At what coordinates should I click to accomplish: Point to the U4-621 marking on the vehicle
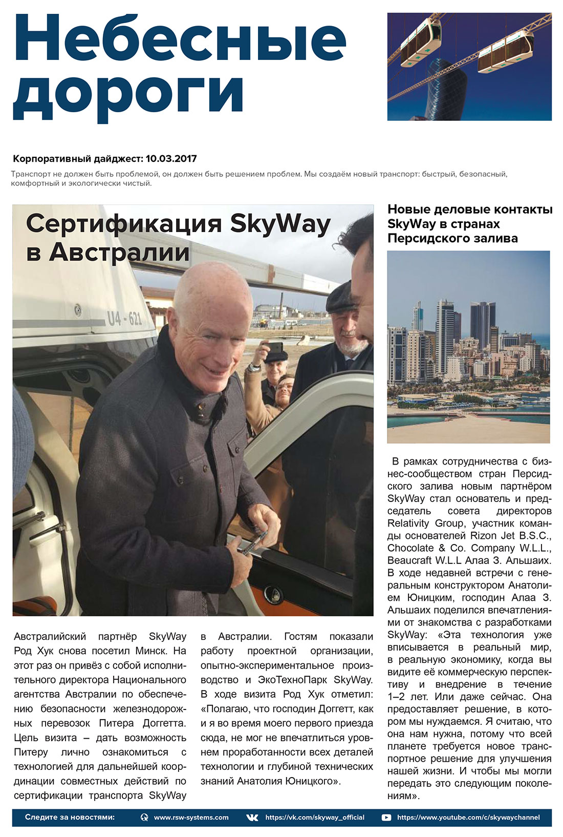coord(124,319)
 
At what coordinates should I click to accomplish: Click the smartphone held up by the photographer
coord(275,347)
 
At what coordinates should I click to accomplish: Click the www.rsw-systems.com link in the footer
coord(191,817)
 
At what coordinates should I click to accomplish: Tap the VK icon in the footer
coord(252,818)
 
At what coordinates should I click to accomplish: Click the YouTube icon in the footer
coord(386,818)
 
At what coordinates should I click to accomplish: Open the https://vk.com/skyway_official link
coord(315,817)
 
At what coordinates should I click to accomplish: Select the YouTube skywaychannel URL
coord(468,817)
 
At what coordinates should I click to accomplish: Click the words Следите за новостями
coord(70,817)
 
